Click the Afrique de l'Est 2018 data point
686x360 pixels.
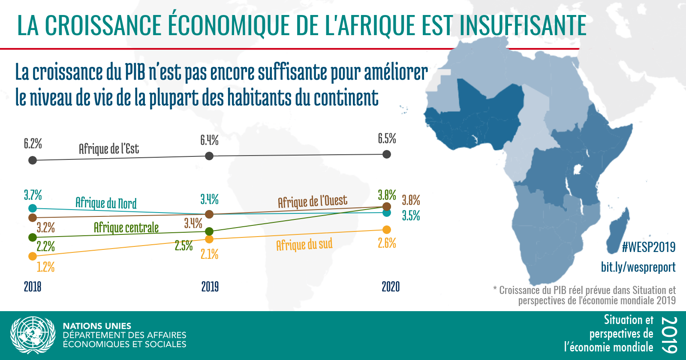point(33,160)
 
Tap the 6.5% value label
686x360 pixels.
point(387,139)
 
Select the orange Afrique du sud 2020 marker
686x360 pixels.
point(387,230)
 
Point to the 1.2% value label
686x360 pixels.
point(45,267)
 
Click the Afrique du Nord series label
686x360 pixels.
point(106,203)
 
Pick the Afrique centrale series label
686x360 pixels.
point(126,228)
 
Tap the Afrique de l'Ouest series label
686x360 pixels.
point(313,201)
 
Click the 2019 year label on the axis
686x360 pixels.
point(210,287)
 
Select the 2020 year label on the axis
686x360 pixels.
point(391,287)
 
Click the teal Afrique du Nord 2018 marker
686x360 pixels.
point(33,208)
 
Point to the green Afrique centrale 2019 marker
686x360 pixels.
point(209,231)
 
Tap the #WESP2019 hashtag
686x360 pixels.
point(649,247)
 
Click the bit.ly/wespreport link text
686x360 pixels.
point(638,267)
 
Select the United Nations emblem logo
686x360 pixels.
point(33,336)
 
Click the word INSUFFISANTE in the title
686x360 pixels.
point(523,25)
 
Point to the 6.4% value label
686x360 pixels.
point(210,140)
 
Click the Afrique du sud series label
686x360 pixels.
point(304,245)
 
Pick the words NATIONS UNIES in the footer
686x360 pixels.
point(97,326)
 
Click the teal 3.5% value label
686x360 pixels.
point(411,216)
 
